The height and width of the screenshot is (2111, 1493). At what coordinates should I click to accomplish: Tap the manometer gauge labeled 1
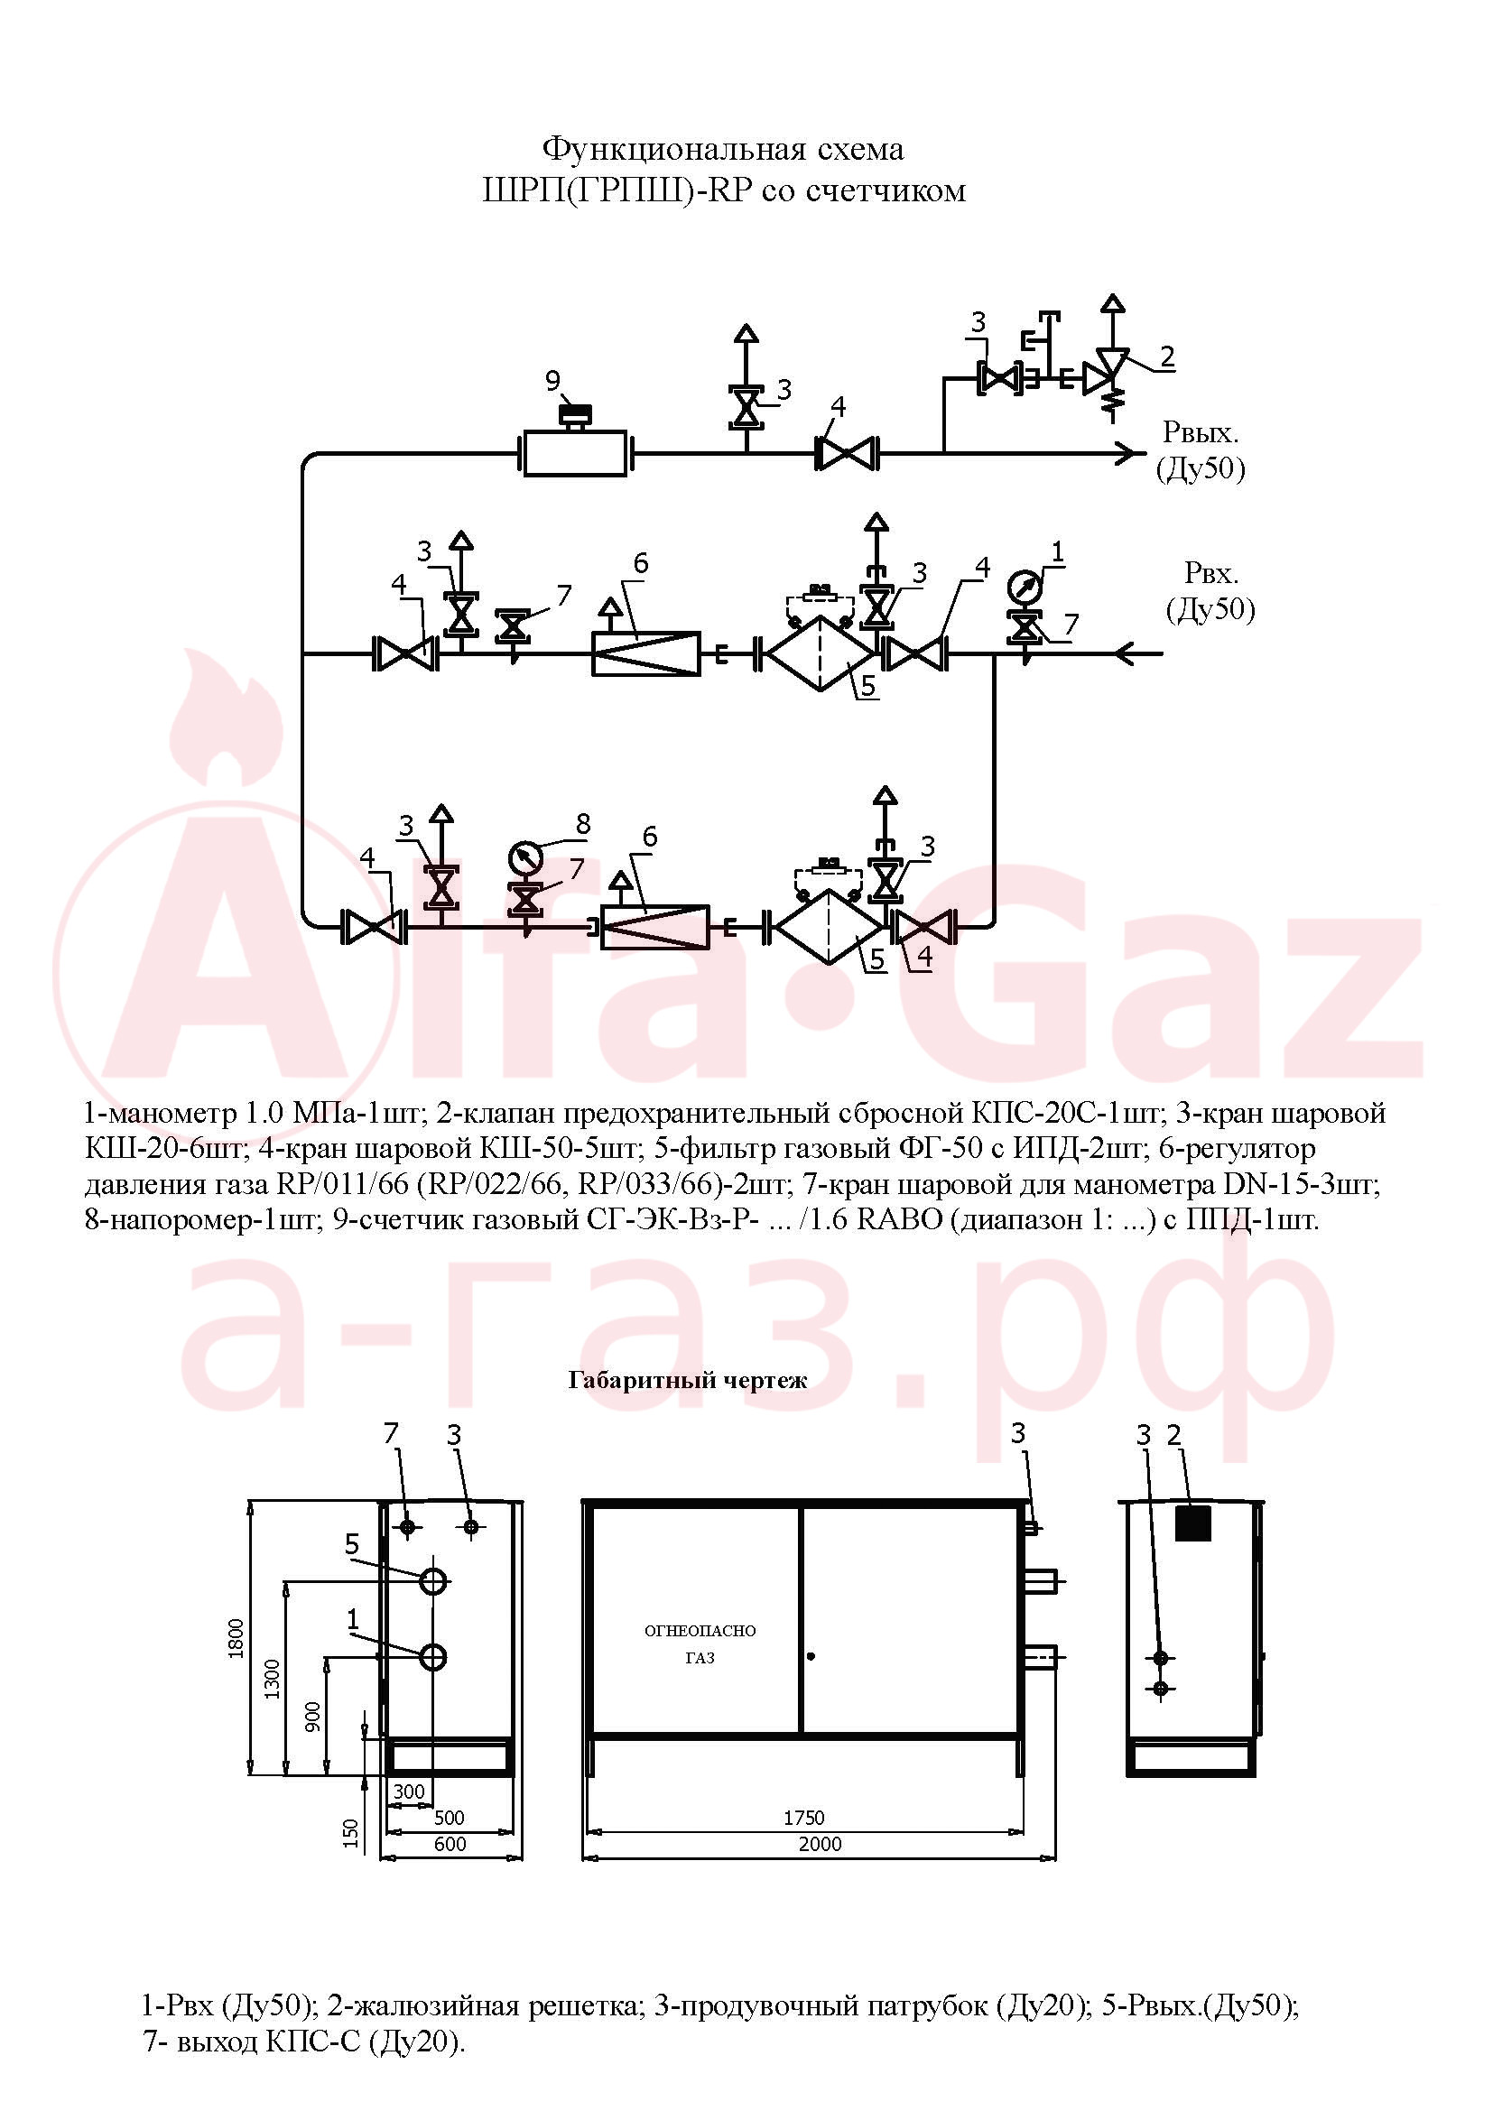pyautogui.click(x=1025, y=586)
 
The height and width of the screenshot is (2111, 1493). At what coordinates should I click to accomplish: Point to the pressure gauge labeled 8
pyautogui.click(x=525, y=857)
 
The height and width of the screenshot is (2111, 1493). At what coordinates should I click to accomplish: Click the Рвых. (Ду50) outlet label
pyautogui.click(x=1200, y=450)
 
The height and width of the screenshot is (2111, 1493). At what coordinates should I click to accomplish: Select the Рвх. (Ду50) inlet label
pyautogui.click(x=1210, y=591)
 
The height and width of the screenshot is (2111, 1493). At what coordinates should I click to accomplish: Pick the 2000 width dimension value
pyautogui.click(x=819, y=1844)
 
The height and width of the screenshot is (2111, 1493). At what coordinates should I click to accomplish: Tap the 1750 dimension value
pyautogui.click(x=804, y=1817)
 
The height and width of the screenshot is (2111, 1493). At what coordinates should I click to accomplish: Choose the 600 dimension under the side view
pyautogui.click(x=450, y=1844)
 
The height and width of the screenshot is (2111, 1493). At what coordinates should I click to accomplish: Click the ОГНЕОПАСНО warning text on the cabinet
pyautogui.click(x=700, y=1631)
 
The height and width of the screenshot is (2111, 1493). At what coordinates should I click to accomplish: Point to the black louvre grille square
pyautogui.click(x=1193, y=1523)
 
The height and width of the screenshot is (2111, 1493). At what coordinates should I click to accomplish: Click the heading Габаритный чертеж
pyautogui.click(x=688, y=1380)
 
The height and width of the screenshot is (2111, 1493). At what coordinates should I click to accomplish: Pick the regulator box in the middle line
pyautogui.click(x=645, y=653)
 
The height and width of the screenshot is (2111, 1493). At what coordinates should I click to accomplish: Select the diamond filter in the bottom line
pyautogui.click(x=830, y=927)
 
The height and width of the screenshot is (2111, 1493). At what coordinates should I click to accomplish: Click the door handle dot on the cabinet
pyautogui.click(x=810, y=1657)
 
